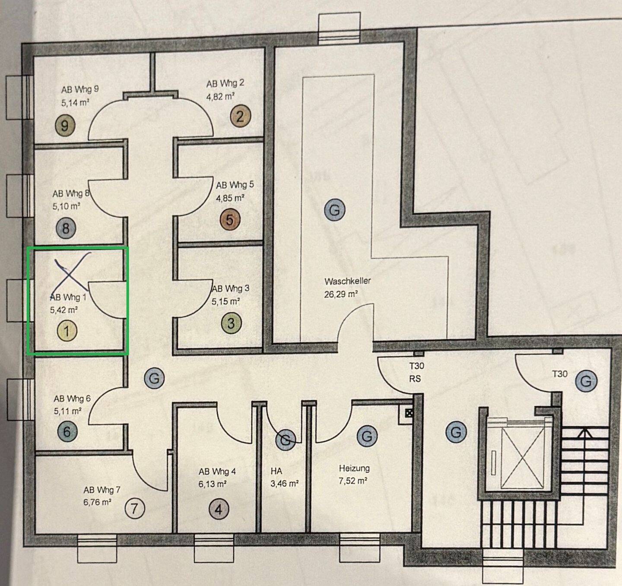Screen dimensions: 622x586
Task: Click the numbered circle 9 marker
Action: [x=65, y=126]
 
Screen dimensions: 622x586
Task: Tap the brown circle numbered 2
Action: [x=240, y=117]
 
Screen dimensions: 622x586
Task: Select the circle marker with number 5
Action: [x=229, y=220]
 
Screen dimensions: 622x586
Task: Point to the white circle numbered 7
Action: [x=135, y=509]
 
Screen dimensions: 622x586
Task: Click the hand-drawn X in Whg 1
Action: [x=73, y=271]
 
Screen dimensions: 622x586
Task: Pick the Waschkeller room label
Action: [x=347, y=281]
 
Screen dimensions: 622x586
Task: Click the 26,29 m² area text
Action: [x=341, y=295]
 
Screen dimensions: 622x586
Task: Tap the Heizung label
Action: [x=354, y=469]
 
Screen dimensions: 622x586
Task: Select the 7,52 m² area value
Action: [x=353, y=481]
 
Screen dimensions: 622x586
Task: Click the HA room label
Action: [x=276, y=471]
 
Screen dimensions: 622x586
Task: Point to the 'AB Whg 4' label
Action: [x=217, y=472]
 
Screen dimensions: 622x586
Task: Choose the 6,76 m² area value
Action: [x=97, y=502]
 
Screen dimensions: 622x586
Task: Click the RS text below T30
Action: [x=415, y=379]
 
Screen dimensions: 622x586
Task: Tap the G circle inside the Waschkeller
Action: [x=334, y=209]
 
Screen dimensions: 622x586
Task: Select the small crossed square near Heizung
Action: [x=409, y=413]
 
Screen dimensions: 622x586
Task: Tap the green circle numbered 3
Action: [x=231, y=323]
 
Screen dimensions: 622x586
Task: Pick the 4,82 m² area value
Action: [x=220, y=96]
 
